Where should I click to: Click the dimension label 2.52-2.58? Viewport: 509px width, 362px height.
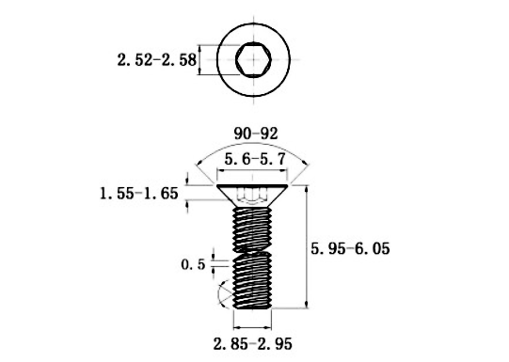tap(157, 60)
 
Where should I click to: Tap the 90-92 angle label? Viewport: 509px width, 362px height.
tap(256, 134)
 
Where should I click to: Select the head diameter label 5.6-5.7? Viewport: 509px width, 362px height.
tap(254, 160)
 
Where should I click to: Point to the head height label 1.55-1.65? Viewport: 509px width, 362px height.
tap(139, 194)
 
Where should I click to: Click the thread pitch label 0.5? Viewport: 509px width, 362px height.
tap(193, 265)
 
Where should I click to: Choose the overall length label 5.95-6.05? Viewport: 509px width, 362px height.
tap(350, 249)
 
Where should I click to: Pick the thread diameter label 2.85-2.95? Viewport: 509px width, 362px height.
tap(252, 344)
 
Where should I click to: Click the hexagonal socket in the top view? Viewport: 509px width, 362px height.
tap(253, 60)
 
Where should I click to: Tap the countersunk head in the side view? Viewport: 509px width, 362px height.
tap(252, 196)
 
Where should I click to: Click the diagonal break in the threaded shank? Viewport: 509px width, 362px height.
tap(252, 252)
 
